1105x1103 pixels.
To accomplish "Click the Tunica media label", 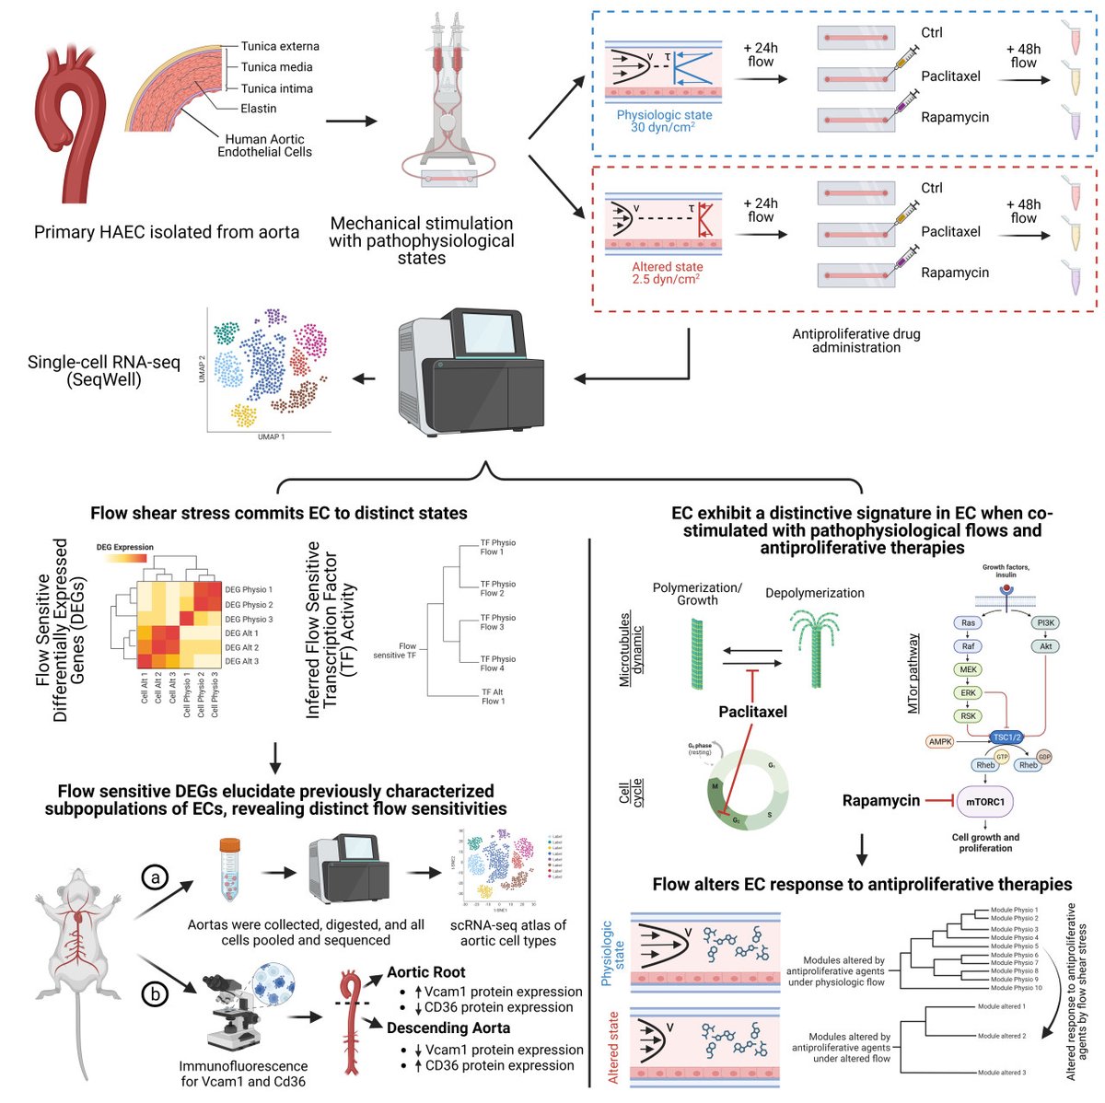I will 276,67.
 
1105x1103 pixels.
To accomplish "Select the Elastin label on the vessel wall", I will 259,109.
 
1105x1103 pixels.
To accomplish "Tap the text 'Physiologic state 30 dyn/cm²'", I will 664,122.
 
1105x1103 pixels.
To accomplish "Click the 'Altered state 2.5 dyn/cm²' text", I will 667,273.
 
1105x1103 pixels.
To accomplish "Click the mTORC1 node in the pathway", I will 984,802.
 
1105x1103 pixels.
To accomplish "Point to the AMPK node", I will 940,741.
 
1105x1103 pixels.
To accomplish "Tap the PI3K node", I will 1046,623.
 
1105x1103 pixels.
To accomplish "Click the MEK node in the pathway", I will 968,669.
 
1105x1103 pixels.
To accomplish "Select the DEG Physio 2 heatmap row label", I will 249,605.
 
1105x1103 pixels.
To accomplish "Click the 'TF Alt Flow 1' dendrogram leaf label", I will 492,696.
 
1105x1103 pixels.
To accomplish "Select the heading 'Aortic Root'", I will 425,972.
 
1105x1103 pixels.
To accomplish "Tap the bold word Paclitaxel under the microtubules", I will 752,712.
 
